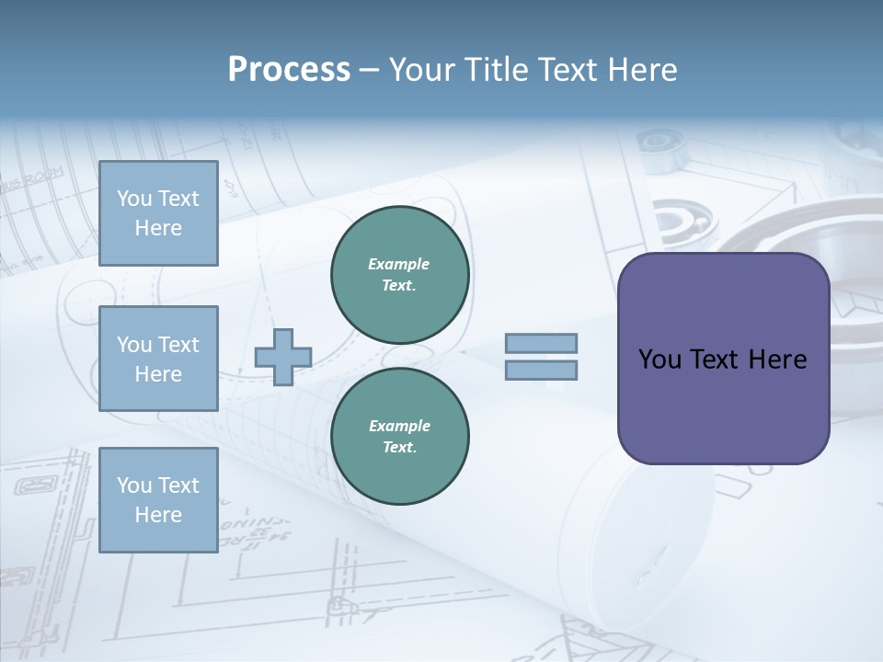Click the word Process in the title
[289, 70]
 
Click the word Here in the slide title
[640, 70]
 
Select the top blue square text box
[158, 213]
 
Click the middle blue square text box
[158, 359]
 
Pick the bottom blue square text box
[158, 500]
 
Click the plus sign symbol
[283, 357]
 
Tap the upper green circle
[400, 275]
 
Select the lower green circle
[400, 437]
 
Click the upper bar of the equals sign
[541, 343]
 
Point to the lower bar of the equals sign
[541, 370]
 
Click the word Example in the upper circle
[399, 264]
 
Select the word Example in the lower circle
[399, 426]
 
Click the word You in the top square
[134, 199]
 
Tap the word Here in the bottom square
[158, 515]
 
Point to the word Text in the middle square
[178, 345]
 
